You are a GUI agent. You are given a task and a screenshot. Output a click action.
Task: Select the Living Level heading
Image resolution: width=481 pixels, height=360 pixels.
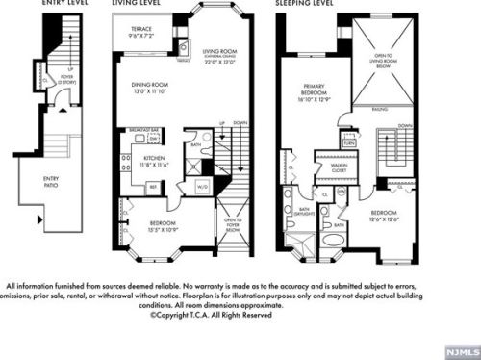tap(138, 4)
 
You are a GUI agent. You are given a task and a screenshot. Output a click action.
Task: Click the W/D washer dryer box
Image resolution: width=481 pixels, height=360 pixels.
tap(203, 185)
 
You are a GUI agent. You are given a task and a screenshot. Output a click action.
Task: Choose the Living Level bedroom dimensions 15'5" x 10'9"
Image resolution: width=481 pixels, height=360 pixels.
tap(159, 228)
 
